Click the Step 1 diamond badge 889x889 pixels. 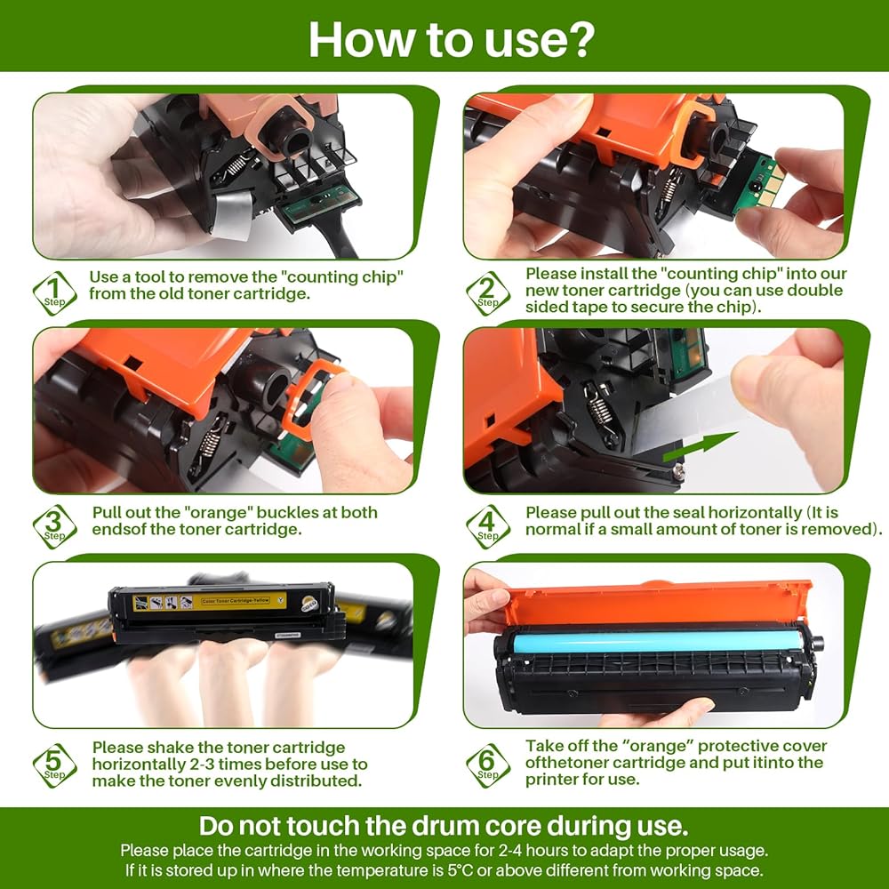[54, 293]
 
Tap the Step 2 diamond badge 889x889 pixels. [487, 293]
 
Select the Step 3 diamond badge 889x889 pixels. [54, 526]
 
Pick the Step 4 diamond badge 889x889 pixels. [487, 526]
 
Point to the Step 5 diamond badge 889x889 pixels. [54, 765]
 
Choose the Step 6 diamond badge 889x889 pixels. [487, 765]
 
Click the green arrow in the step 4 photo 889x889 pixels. [701, 445]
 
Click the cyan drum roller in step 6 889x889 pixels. [658, 641]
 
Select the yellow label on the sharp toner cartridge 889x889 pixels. [210, 602]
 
